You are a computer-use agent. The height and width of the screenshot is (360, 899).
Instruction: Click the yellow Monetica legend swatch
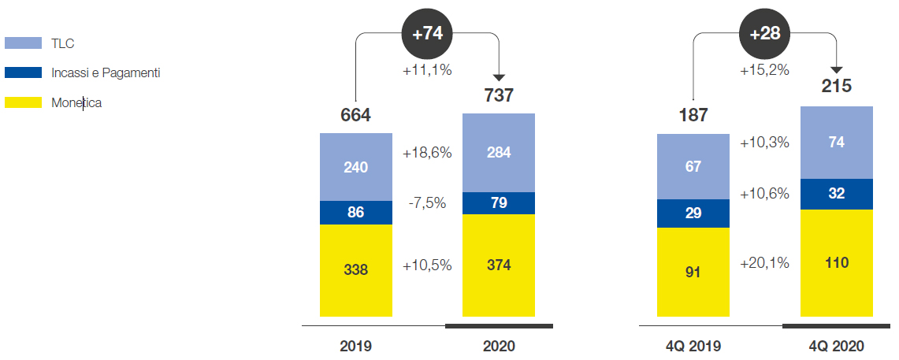tap(23, 102)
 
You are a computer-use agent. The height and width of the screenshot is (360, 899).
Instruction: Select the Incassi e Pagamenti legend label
tap(106, 72)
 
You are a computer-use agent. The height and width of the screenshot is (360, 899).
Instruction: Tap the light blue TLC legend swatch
tap(23, 43)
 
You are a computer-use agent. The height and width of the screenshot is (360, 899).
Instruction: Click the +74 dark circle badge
tap(427, 33)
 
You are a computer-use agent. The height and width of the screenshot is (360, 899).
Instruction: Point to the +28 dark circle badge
tap(764, 33)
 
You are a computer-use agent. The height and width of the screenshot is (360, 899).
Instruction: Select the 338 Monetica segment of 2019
tap(355, 270)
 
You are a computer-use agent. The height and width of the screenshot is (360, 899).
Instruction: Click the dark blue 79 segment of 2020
tap(499, 203)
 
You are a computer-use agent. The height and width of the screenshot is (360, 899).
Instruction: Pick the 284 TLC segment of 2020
tap(499, 153)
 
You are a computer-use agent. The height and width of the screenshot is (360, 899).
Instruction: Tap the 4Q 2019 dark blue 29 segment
tap(693, 213)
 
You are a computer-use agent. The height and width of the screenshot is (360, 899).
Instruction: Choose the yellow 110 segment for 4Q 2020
tap(836, 262)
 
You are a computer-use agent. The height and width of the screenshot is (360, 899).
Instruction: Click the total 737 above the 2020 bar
tap(499, 95)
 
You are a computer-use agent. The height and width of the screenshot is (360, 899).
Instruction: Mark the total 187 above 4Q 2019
tap(693, 115)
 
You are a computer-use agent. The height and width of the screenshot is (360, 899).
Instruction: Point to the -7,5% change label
tap(427, 203)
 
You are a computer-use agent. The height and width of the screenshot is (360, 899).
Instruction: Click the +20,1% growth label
tap(764, 263)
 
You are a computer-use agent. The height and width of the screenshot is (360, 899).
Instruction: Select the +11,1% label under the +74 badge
tap(427, 70)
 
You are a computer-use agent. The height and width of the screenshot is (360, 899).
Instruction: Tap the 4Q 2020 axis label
tap(836, 346)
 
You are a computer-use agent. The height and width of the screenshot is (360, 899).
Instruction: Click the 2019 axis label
tap(355, 346)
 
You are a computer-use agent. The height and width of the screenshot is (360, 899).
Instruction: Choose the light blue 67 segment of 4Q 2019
tap(693, 166)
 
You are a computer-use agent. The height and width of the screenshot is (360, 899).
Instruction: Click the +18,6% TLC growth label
tap(427, 153)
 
